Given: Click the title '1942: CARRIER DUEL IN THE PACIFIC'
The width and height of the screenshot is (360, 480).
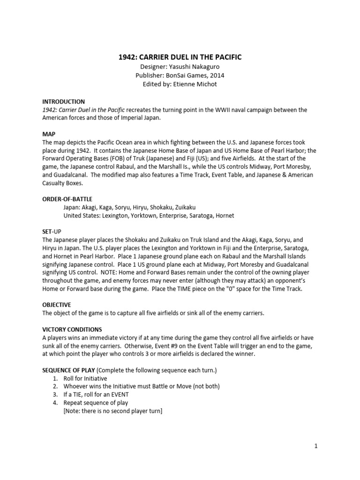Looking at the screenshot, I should (180, 57).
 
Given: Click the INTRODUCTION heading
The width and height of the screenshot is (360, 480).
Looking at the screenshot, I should (63, 102).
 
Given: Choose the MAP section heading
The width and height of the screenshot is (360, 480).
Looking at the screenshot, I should (49, 134).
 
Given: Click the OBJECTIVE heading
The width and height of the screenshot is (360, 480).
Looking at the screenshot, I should (57, 304).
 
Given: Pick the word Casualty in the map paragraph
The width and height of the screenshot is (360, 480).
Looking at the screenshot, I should (57, 183).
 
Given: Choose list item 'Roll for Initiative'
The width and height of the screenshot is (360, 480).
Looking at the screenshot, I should (86, 378).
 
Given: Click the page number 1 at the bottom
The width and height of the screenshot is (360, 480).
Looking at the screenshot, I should (316, 446).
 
